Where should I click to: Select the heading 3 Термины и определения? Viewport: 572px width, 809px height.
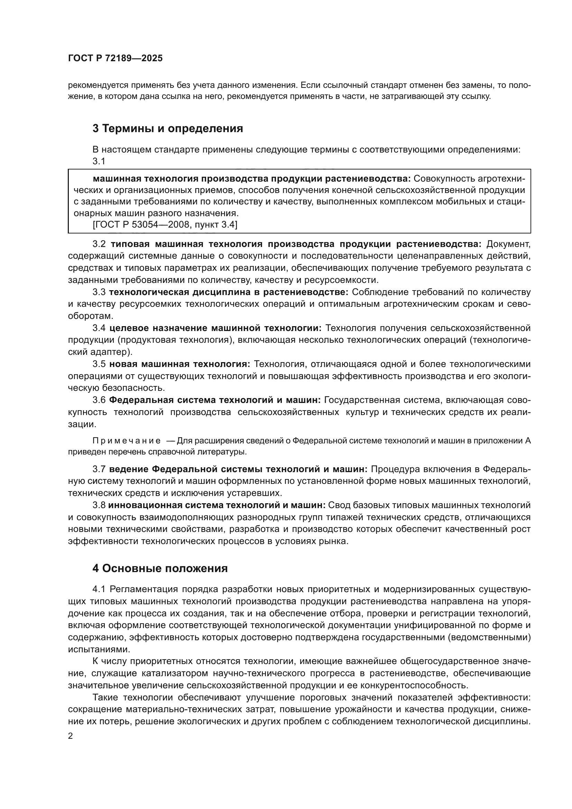pyautogui.click(x=168, y=129)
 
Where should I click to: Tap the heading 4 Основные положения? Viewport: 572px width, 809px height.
pyautogui.click(x=160, y=568)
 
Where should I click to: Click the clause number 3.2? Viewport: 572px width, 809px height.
pyautogui.click(x=99, y=244)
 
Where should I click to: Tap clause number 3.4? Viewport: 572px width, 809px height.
pyautogui.click(x=99, y=328)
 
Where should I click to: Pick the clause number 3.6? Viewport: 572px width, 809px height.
pyautogui.click(x=99, y=400)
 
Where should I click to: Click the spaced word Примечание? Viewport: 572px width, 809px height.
pyautogui.click(x=127, y=441)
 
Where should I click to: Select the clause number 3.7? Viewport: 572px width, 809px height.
pyautogui.click(x=99, y=469)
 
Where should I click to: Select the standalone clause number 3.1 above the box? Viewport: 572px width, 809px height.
pyautogui.click(x=99, y=162)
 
